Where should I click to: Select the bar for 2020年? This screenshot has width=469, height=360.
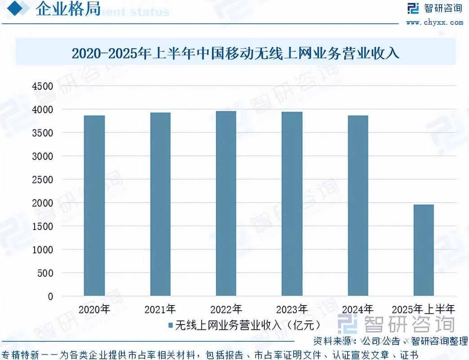coord(94,206)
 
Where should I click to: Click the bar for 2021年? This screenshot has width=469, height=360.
coord(160,204)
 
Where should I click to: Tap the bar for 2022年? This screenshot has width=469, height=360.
coord(226,203)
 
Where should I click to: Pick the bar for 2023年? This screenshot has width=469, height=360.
coord(292,204)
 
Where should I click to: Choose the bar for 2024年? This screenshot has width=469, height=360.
coord(357,206)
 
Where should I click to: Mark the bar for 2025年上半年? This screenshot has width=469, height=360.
coord(424,250)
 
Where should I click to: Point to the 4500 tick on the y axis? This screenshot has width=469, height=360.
coord(43,86)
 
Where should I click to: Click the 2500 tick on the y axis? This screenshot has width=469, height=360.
coord(43,180)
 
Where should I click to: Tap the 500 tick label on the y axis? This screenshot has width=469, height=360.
coord(45,273)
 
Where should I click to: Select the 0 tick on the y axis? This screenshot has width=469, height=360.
coord(50,297)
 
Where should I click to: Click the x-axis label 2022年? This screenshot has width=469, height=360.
coord(226,310)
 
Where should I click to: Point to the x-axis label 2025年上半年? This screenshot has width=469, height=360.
coord(424,310)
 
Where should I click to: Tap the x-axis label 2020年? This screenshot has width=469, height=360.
coord(94,310)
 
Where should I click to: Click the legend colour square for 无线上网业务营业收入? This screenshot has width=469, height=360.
coord(170,325)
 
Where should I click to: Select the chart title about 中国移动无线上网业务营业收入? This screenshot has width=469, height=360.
coord(236,54)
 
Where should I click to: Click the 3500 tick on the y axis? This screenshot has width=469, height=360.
coord(43,133)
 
